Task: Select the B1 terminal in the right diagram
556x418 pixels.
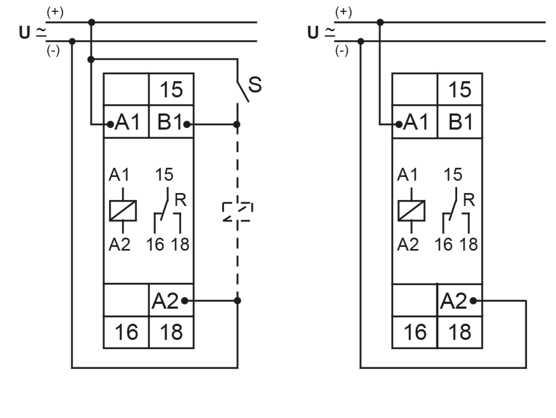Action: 460,122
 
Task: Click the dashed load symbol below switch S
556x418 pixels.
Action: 237,212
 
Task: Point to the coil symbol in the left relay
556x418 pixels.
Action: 123,211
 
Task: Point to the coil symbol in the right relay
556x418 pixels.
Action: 411,211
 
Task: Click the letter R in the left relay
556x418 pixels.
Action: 180,200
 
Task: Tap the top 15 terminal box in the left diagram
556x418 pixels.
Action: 171,89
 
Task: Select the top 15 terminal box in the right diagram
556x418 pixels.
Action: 460,89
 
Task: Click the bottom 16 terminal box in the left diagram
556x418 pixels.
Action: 126,332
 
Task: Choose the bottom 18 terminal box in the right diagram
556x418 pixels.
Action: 460,332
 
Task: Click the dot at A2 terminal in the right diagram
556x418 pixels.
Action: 473,301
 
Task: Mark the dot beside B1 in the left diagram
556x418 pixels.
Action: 187,125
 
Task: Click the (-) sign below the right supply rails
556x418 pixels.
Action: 342,51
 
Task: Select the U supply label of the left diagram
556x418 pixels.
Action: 25,32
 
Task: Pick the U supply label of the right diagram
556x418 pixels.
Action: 313,32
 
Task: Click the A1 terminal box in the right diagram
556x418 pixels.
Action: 415,122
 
